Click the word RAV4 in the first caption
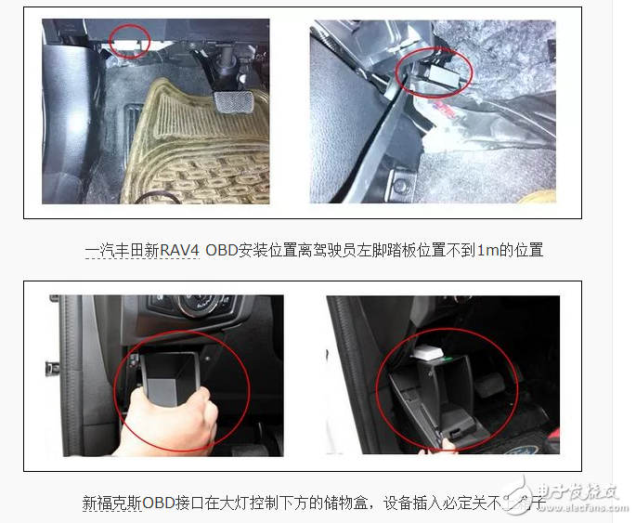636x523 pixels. coord(177,250)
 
